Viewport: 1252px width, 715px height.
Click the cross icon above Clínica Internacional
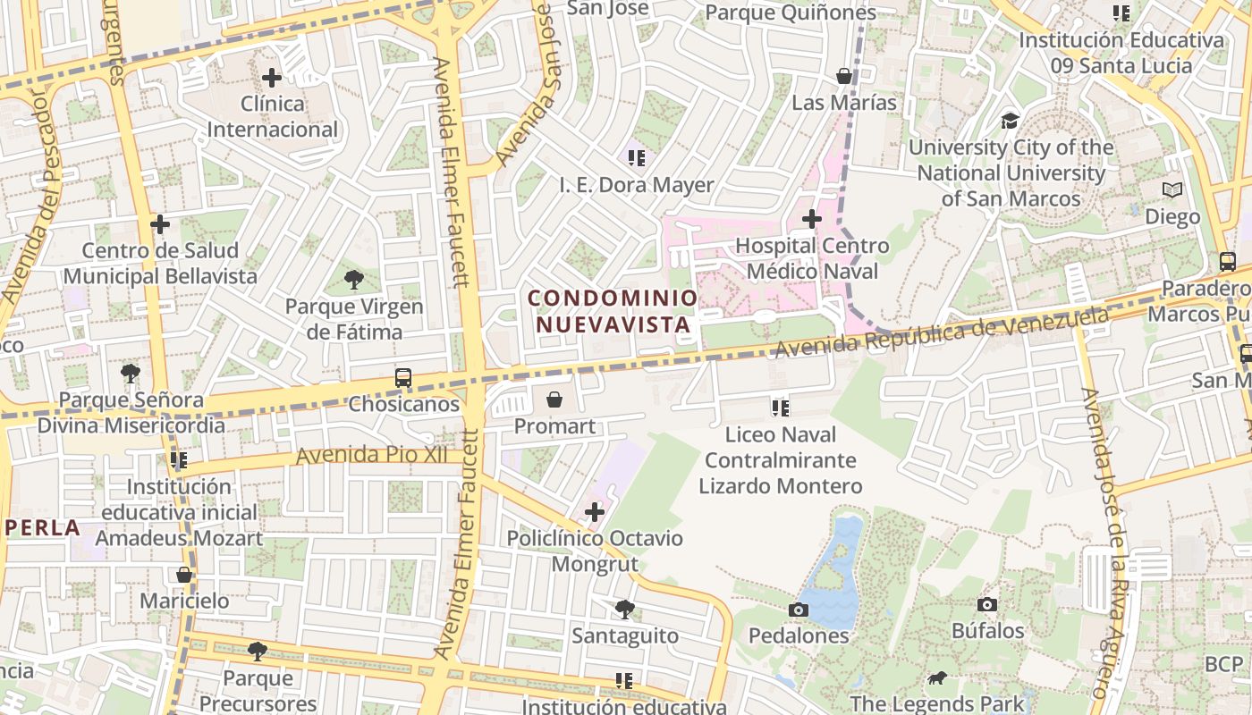(x=272, y=78)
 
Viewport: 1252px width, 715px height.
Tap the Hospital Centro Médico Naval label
(x=812, y=258)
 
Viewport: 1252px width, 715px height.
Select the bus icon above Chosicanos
(x=403, y=378)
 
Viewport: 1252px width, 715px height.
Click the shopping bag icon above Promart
(x=554, y=400)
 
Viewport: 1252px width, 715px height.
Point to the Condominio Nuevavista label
(x=613, y=311)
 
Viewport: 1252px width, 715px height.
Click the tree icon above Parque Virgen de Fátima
(x=354, y=280)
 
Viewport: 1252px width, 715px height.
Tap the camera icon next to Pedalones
(x=799, y=610)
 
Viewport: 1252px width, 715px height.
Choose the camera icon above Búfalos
(x=987, y=605)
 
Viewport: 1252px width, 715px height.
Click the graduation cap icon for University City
(x=1010, y=121)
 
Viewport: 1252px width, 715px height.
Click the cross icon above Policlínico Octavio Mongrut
(x=595, y=512)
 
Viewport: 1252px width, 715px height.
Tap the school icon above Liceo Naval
(x=781, y=408)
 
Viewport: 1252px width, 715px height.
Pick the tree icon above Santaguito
(x=625, y=610)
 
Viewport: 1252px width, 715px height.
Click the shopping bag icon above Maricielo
(x=184, y=575)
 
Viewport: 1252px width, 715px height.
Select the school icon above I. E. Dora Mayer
(x=637, y=159)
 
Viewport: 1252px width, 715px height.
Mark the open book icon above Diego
(x=1172, y=190)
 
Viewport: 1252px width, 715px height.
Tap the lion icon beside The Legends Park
(x=936, y=678)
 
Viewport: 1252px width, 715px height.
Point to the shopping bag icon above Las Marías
(x=844, y=77)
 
